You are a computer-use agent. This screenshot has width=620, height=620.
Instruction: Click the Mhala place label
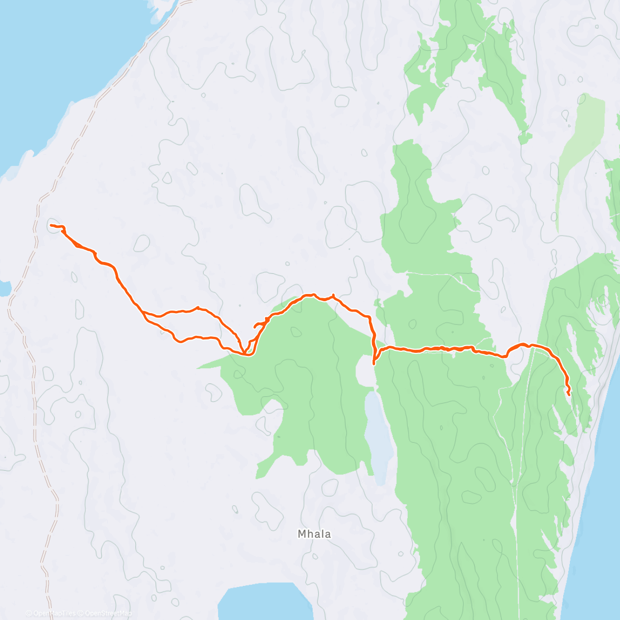click(314, 534)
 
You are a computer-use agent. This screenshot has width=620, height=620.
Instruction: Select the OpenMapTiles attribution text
click(54, 613)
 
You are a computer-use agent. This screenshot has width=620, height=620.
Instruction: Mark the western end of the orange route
click(51, 226)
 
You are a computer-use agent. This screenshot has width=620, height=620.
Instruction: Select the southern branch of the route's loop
click(196, 338)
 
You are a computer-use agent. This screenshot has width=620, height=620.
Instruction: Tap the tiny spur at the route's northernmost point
click(333, 295)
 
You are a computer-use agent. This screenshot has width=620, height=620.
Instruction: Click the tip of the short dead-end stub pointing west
click(254, 327)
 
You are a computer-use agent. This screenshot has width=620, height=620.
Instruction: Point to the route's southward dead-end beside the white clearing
click(374, 364)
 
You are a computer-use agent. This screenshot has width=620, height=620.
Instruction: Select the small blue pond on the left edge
click(4, 289)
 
